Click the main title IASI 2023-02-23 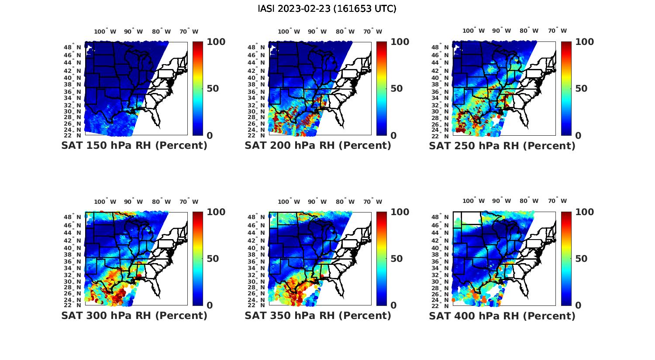point(327,9)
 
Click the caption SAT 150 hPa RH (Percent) point(134,146)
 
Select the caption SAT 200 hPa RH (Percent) point(318,146)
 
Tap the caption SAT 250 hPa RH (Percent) point(502,146)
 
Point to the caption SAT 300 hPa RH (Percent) point(134,315)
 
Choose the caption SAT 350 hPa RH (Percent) point(318,315)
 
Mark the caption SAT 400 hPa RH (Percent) point(502,315)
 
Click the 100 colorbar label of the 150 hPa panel point(216,42)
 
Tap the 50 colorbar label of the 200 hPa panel point(396,89)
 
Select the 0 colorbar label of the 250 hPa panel point(578,136)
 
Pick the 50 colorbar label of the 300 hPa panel point(213,259)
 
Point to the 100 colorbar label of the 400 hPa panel point(585,212)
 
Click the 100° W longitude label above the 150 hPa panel point(105,31)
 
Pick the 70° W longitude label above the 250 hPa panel point(557,31)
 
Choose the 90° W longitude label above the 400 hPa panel point(502,201)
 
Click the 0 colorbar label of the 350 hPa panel point(393,305)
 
